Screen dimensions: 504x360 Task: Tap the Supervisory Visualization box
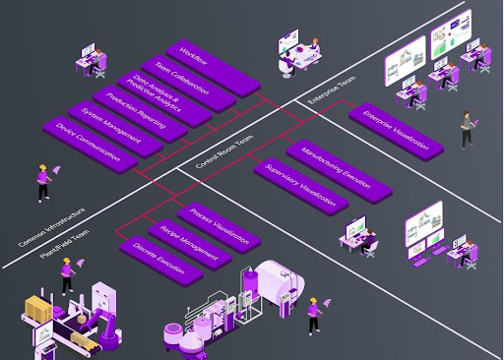[300, 185]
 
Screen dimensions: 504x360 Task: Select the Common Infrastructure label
[51, 227]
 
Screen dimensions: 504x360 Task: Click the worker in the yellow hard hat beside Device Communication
[43, 182]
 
